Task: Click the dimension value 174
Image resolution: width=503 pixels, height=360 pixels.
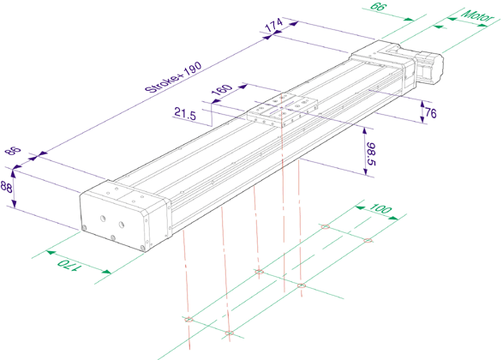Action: point(274,24)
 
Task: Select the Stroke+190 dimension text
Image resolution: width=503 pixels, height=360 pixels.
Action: point(173,77)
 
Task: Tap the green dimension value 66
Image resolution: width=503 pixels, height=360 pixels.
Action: point(379,6)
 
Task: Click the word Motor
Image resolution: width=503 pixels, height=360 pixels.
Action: point(477,15)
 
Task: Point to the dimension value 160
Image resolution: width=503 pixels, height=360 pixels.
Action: point(221,90)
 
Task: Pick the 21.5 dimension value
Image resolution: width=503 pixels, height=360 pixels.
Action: point(185,114)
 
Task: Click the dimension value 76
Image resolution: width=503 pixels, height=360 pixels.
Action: point(430,112)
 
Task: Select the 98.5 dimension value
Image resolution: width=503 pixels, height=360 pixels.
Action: point(370,154)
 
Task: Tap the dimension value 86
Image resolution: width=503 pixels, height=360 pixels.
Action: point(14,150)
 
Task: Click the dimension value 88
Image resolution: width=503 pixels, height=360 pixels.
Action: point(6,187)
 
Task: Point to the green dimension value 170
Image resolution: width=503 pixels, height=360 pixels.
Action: point(69,266)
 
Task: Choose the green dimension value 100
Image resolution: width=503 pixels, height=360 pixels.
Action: point(380,208)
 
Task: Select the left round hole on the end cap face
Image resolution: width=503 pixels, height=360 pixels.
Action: point(103,219)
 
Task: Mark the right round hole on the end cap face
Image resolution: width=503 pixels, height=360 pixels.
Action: point(122,225)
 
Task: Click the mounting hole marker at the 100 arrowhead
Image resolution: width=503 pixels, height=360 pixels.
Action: point(368,241)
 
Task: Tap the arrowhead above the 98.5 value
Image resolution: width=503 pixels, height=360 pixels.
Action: point(365,131)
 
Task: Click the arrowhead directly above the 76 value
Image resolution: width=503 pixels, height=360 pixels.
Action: point(422,104)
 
